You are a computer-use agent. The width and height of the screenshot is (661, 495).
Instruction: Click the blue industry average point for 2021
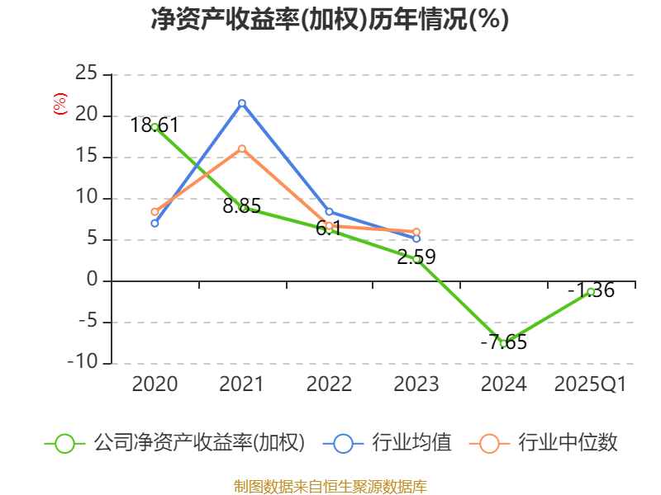point(242,103)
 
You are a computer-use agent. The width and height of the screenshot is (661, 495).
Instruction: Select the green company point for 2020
point(155,127)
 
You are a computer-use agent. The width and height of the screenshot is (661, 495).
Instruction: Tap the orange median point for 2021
point(242,148)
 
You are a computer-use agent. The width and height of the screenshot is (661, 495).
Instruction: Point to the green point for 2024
point(503,343)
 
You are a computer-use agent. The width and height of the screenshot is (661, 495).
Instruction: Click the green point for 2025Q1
point(591,291)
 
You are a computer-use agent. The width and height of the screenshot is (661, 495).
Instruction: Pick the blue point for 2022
point(329,212)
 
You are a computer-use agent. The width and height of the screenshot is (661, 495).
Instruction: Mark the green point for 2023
point(416,259)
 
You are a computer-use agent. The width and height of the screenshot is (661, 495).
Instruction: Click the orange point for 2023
point(416,232)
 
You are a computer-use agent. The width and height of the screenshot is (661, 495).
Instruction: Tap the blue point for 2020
point(155,223)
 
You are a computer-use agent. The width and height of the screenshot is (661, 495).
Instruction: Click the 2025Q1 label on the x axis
point(590,384)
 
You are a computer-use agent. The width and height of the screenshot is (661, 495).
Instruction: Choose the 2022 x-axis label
point(329,384)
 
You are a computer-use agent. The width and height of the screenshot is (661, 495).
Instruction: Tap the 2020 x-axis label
point(155,384)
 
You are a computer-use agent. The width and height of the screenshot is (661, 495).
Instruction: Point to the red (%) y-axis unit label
point(60,104)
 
